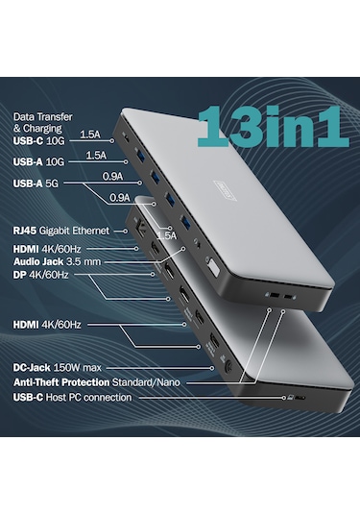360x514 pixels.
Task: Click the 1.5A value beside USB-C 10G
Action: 91,135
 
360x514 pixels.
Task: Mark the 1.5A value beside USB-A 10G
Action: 96,156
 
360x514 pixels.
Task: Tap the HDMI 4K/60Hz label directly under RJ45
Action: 49,246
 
